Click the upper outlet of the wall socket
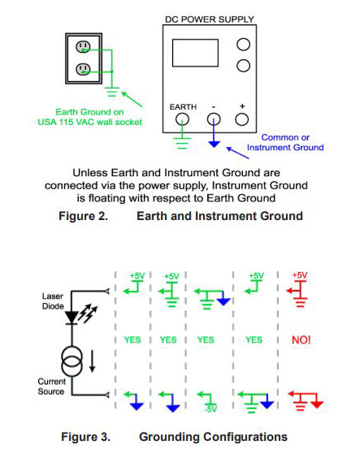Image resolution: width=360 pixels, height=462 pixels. [83, 46]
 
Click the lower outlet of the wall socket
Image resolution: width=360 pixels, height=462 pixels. [83, 69]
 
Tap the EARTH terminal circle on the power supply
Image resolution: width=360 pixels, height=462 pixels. [182, 119]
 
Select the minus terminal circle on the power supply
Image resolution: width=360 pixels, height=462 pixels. [214, 119]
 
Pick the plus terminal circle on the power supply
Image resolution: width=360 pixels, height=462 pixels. [242, 119]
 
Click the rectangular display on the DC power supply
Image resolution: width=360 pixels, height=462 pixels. [195, 53]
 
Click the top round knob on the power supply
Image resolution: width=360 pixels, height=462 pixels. [243, 45]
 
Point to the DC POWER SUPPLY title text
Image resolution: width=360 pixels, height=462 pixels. [210, 19]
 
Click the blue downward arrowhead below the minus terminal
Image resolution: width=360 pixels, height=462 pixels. [214, 144]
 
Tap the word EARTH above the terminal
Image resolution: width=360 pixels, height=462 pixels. [183, 106]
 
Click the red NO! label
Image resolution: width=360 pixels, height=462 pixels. [301, 340]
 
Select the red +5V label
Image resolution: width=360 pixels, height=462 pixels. [300, 275]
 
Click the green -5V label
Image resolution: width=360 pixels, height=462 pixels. [210, 409]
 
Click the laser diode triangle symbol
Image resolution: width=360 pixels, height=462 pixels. [72, 317]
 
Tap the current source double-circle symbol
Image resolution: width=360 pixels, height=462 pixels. [72, 361]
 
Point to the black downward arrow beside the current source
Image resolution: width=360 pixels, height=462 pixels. [92, 361]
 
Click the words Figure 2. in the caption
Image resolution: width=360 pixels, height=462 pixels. [83, 216]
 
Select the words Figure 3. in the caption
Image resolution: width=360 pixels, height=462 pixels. [85, 437]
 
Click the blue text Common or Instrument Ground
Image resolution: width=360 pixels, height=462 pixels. [285, 142]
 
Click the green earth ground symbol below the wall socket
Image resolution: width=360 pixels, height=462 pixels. [112, 92]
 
